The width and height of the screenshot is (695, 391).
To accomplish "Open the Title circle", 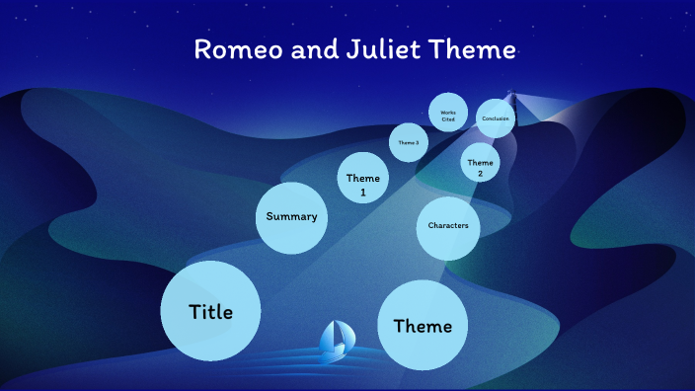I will pyautogui.click(x=210, y=312).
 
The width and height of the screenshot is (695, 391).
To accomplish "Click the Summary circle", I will pyautogui.click(x=291, y=217).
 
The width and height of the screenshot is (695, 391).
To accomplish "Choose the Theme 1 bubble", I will pyautogui.click(x=362, y=184).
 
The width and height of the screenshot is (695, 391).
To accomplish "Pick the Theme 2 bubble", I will pyautogui.click(x=480, y=162).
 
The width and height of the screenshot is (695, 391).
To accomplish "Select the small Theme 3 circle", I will pyautogui.click(x=408, y=142).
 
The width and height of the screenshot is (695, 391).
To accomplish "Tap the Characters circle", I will pyautogui.click(x=447, y=227).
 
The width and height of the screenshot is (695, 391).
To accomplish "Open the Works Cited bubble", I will pyautogui.click(x=448, y=114).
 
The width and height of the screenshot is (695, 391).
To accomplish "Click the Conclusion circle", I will pyautogui.click(x=496, y=118).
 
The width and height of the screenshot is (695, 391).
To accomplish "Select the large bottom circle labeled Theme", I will pyautogui.click(x=423, y=326).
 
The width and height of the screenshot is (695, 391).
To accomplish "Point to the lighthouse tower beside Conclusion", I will pyautogui.click(x=511, y=98).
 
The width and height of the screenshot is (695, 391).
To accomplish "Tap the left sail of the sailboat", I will pyautogui.click(x=329, y=335).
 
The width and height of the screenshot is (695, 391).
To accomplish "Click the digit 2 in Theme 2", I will pyautogui.click(x=480, y=174).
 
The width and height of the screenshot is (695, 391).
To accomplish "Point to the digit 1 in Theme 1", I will pyautogui.click(x=362, y=193).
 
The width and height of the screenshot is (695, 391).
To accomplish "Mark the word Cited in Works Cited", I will pyautogui.click(x=448, y=117).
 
